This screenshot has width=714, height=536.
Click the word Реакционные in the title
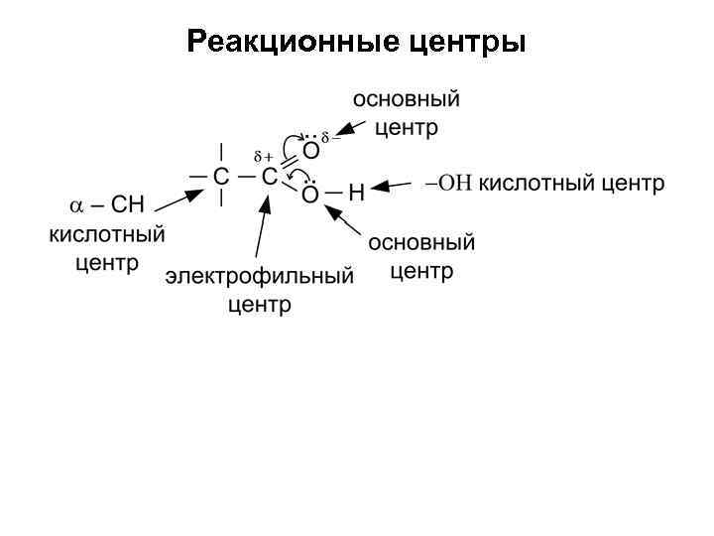click(x=292, y=43)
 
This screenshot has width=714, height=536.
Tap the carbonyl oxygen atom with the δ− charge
click(x=310, y=151)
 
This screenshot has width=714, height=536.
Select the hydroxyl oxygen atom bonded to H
click(x=310, y=194)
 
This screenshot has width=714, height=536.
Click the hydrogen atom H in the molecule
click(x=357, y=193)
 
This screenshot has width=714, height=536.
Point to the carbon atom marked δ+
click(x=269, y=177)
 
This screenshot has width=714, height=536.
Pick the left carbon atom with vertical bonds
click(x=221, y=177)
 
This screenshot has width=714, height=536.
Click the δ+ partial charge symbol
click(x=264, y=157)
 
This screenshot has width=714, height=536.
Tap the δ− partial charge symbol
click(x=330, y=136)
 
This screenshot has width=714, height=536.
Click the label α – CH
click(x=106, y=205)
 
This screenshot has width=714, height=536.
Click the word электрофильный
click(x=259, y=276)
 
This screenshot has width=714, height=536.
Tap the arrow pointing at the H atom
click(x=395, y=186)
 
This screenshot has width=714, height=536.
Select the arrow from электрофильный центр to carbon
click(x=262, y=231)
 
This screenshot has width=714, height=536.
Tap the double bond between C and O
click(x=290, y=164)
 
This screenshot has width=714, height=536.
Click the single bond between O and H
click(x=334, y=192)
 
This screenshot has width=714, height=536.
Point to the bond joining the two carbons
click(x=245, y=177)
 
